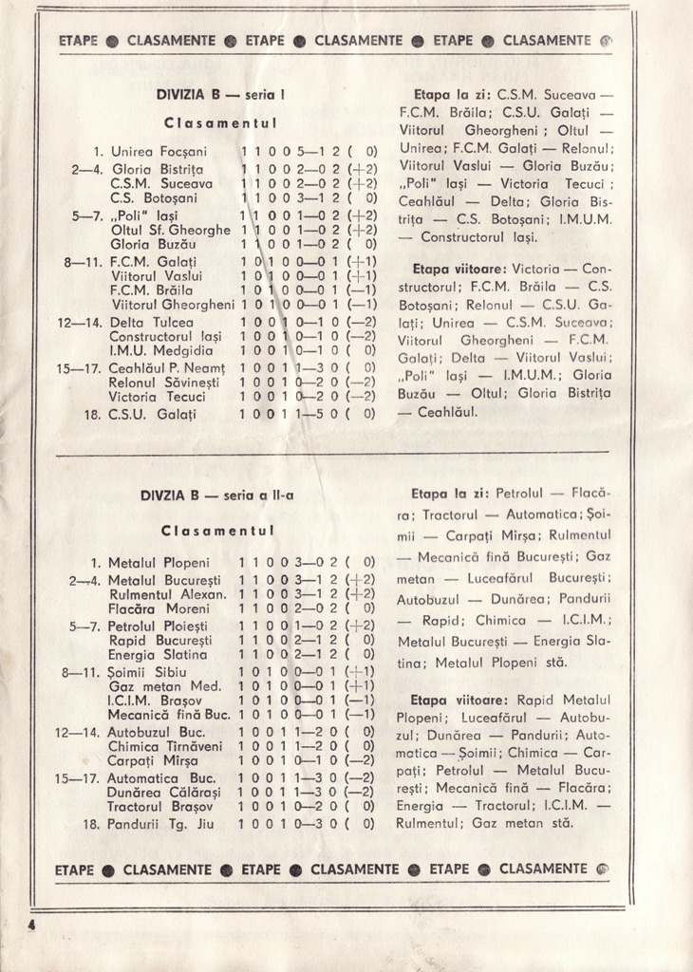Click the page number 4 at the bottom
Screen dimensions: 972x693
(x=32, y=925)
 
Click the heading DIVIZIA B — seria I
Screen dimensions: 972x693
(x=221, y=95)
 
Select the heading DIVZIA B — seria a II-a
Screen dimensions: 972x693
(x=217, y=495)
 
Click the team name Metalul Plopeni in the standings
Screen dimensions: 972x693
(x=159, y=562)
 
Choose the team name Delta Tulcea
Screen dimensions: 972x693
(x=152, y=322)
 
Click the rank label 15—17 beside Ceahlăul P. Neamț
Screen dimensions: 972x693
(x=77, y=367)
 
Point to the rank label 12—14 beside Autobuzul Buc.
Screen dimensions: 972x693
(x=77, y=732)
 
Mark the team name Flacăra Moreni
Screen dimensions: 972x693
(x=159, y=608)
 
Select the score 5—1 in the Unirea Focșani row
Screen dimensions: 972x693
(x=308, y=151)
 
